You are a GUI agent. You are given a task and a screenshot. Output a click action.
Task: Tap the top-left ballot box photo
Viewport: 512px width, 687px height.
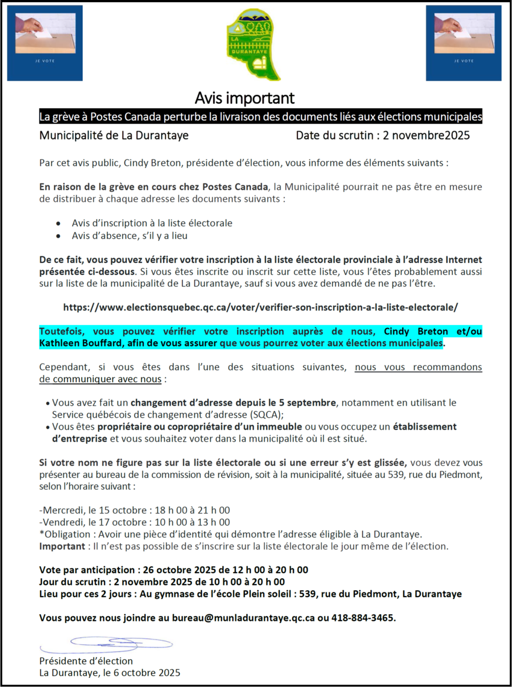(x=45, y=43)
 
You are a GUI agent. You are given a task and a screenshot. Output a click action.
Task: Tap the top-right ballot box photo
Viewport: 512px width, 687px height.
(x=464, y=43)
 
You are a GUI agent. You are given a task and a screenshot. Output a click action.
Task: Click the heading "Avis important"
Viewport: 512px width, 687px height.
(x=245, y=98)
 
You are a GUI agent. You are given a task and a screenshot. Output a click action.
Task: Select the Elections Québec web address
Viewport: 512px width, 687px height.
(x=260, y=307)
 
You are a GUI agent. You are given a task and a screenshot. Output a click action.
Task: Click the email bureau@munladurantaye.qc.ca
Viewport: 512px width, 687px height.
(x=243, y=618)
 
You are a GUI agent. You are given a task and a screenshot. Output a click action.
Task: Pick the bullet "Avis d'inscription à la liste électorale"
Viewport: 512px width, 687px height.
(x=152, y=223)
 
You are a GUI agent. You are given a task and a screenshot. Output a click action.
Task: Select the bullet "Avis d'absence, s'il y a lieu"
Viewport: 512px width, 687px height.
(x=130, y=236)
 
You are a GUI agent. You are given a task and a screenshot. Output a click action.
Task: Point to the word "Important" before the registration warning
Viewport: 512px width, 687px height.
(x=62, y=546)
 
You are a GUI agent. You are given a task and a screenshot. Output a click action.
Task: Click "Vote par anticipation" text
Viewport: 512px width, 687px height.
(x=87, y=570)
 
